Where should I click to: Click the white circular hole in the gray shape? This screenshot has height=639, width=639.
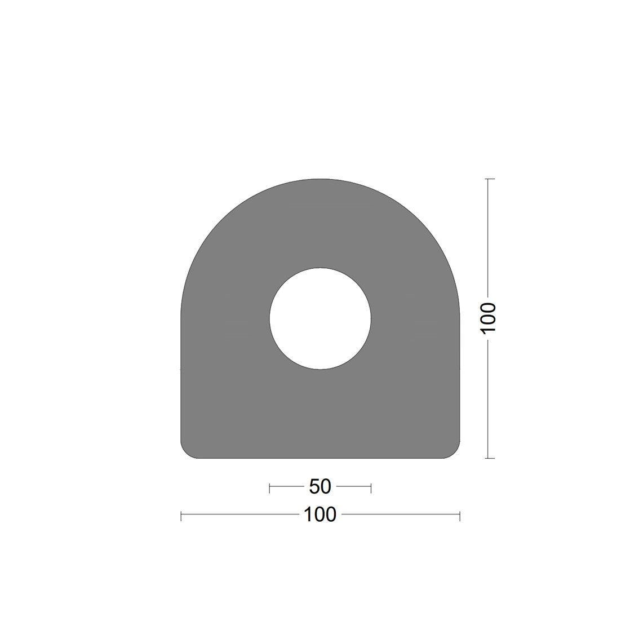320,319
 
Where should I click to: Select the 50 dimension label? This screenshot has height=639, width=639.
320,486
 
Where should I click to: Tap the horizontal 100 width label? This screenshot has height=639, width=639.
320,514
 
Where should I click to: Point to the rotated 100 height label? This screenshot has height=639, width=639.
489,318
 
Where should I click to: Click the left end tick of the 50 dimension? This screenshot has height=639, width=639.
270,487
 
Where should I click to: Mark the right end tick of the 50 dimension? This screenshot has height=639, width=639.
371,487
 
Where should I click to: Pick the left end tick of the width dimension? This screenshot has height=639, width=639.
181,515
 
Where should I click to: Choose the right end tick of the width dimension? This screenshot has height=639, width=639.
460,515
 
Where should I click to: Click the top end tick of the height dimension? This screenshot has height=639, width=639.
489,179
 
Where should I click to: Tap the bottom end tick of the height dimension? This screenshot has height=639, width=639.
489,458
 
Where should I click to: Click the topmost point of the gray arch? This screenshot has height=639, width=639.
320,180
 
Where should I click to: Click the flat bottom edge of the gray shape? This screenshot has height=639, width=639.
320,458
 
